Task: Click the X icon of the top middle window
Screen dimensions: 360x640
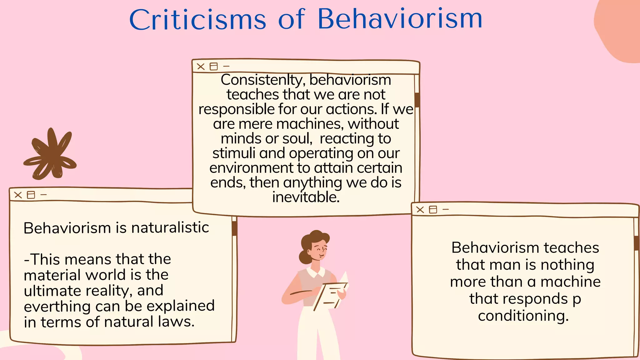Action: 201,67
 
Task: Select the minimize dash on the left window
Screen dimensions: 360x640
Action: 44,195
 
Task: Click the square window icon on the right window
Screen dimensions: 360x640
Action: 433,209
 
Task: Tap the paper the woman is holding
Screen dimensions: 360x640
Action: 331,294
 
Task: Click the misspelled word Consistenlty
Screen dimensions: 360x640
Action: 262,80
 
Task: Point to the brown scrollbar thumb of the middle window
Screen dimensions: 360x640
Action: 417,100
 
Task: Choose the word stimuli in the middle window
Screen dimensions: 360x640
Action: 234,153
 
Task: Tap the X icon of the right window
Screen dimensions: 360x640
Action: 420,210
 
